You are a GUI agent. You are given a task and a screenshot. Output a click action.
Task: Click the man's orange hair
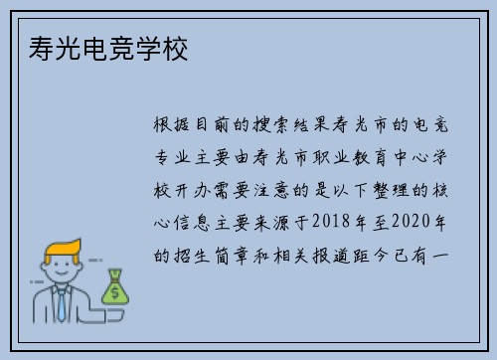(x=60, y=249)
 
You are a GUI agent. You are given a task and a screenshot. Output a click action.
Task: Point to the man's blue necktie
(x=63, y=302)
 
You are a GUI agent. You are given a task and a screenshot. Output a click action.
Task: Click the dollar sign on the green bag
(x=116, y=292)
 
